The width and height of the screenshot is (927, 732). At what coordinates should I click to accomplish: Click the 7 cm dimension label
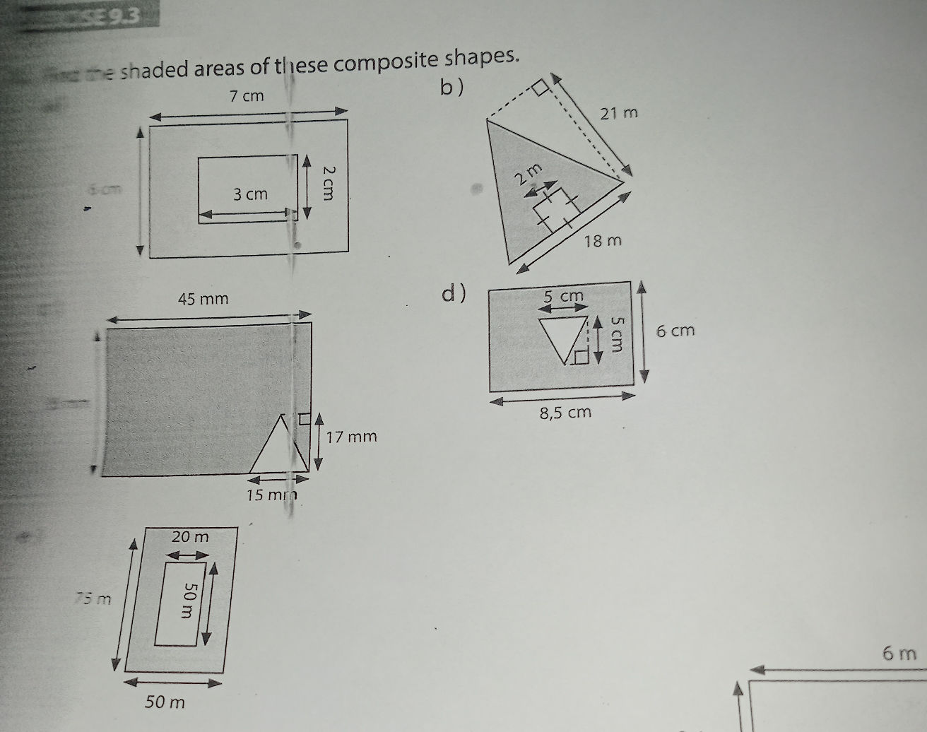[x=247, y=96]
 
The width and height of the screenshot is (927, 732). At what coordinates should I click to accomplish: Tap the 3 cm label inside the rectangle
[x=251, y=194]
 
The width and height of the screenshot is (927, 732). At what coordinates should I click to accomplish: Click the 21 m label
[x=618, y=112]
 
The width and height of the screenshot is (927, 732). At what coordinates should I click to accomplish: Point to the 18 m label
[x=603, y=242]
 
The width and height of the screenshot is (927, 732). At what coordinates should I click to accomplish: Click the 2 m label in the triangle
[x=530, y=173]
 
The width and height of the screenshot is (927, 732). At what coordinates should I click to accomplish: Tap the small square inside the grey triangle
[x=556, y=207]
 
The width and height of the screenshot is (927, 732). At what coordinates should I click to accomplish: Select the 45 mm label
[x=203, y=299]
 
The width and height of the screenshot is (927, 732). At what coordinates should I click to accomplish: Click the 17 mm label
[x=351, y=437]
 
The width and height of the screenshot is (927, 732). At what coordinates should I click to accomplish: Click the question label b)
[x=452, y=87]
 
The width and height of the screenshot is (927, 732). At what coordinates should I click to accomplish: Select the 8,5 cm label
[x=565, y=412]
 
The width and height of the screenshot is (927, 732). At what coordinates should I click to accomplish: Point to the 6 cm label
[x=675, y=331]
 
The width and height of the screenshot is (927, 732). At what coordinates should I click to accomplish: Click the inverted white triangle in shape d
[x=564, y=338]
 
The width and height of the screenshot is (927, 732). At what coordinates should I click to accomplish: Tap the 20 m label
[x=191, y=537]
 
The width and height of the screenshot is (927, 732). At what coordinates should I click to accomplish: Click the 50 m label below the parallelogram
[x=165, y=702]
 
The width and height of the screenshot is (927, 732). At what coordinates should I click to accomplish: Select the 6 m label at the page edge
[x=899, y=654]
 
